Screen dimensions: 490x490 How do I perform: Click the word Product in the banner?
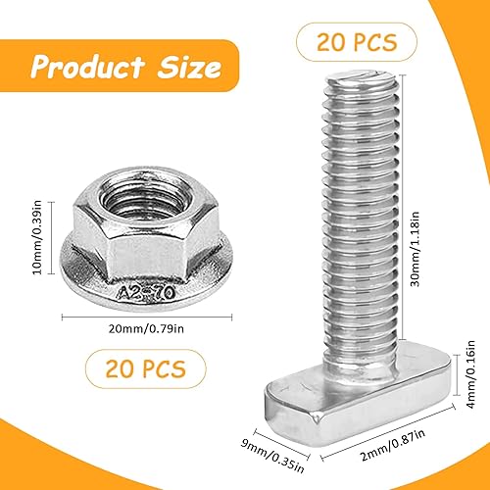click(x=87, y=67)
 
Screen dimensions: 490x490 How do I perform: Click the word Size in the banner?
click(x=189, y=67)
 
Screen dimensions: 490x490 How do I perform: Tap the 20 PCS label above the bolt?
click(x=357, y=42)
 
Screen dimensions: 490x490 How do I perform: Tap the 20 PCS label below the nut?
click(x=146, y=368)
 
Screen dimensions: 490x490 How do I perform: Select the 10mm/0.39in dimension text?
click(x=37, y=237)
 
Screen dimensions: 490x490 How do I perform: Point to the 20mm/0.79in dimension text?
click(x=146, y=328)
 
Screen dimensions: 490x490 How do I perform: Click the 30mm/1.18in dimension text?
click(x=415, y=249)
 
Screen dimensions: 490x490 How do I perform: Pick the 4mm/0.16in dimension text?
click(x=470, y=374)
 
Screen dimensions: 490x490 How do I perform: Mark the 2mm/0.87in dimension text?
click(x=393, y=445)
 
